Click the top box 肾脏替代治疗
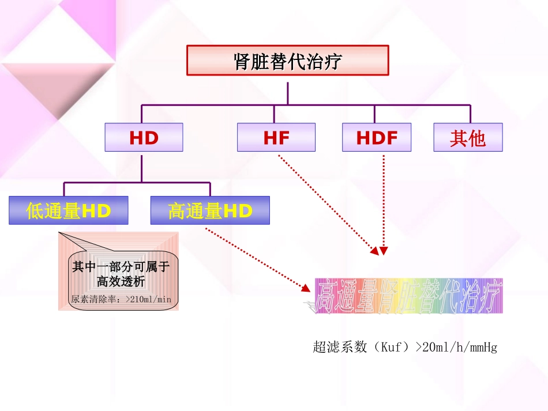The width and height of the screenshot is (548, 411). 287,61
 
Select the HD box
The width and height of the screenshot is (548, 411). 144,137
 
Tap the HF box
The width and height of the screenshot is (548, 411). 276,137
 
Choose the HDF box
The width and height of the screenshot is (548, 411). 377,137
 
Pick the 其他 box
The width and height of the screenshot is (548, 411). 468,137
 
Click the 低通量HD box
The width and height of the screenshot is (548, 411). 69,210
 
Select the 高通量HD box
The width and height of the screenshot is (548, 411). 210,210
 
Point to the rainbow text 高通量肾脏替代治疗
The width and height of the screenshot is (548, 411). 408,296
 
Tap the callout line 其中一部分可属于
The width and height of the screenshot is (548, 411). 120,267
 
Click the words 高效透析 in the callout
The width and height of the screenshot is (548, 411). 121,281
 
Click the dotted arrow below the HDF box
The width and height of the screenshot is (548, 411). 384,202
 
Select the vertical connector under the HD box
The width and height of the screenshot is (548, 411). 142,167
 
